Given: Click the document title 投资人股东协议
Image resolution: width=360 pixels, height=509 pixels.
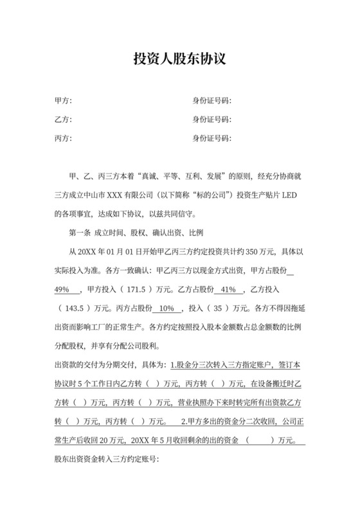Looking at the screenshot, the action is coord(179,60).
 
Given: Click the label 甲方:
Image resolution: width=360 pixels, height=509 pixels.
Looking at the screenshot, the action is coord(63,102).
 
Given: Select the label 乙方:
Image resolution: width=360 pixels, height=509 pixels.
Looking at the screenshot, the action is coord(63,120).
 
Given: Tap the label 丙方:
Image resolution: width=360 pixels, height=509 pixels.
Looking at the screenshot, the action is coord(63,139).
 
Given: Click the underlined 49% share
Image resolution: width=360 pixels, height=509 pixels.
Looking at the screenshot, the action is coord(66,288).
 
